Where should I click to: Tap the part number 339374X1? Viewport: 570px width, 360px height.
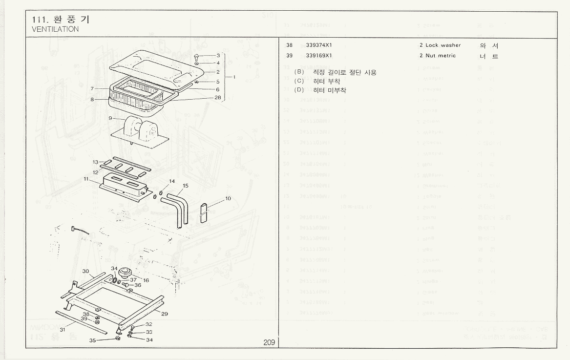319,45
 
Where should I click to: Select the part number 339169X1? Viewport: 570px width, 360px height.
319,56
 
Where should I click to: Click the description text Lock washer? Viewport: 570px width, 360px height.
443,45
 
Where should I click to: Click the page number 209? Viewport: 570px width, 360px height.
269,342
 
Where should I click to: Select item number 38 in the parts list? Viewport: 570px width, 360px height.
289,45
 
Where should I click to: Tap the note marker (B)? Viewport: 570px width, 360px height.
299,72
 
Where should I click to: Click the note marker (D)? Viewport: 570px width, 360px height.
299,90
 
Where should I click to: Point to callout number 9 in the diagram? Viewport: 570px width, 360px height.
110,118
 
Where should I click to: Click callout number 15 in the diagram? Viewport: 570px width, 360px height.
186,186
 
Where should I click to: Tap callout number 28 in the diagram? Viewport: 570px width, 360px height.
218,97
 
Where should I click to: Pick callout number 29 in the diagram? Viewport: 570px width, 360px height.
165,314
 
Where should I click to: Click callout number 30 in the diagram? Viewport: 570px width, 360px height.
85,271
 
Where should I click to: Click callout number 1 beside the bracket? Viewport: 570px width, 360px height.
234,77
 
